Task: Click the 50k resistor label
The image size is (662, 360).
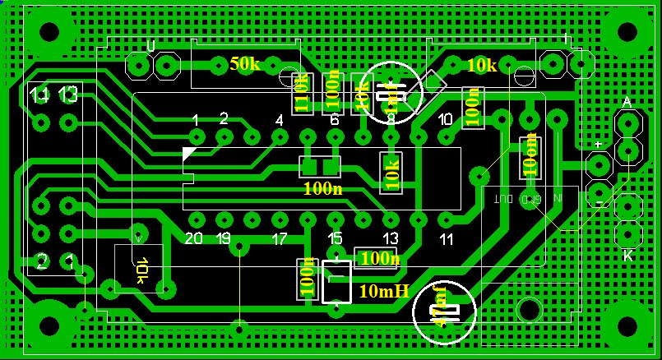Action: click(244, 63)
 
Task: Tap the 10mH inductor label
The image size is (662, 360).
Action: click(383, 291)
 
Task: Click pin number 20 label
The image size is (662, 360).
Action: click(194, 239)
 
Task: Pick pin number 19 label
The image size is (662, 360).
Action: click(223, 239)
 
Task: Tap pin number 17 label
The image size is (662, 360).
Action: click(279, 239)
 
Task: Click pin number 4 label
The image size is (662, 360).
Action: click(279, 121)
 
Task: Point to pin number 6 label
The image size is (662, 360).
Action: click(334, 121)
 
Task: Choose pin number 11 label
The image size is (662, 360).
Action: click(446, 239)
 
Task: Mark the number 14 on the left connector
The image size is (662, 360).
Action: click(39, 95)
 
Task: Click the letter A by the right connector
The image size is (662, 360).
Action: click(627, 103)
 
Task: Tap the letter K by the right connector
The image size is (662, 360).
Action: click(627, 256)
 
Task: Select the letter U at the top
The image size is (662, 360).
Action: click(150, 45)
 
